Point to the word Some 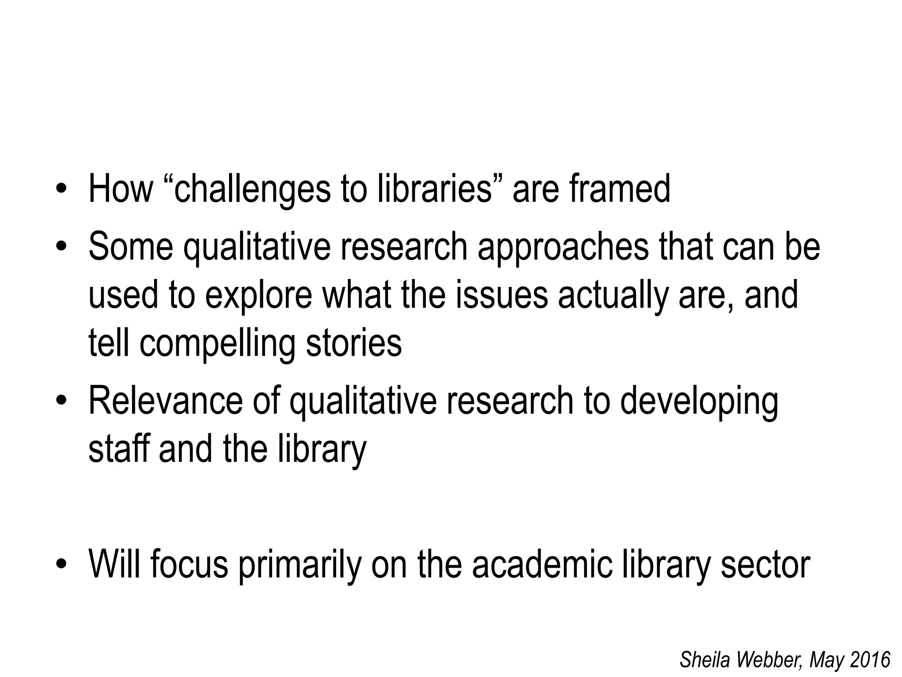point(131,247)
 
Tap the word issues point(502,295)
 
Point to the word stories point(354,344)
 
